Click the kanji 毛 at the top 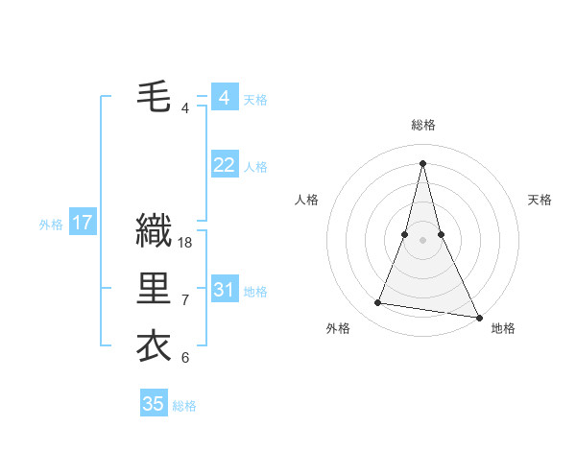point(154,97)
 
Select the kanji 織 point(154,230)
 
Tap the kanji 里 point(154,289)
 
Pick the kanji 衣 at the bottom point(154,346)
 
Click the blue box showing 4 point(224,98)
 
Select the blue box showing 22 point(224,165)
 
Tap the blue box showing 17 point(83,224)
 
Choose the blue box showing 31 point(224,290)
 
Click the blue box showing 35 point(154,404)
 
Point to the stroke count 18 point(185,243)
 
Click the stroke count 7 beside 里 point(185,300)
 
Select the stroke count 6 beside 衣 point(185,358)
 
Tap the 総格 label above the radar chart point(423,125)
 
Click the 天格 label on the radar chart point(540,200)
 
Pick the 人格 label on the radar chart point(306,200)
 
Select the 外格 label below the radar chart point(338,328)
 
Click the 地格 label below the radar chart point(503,328)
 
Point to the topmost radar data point point(423,162)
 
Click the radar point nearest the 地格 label point(478,316)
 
